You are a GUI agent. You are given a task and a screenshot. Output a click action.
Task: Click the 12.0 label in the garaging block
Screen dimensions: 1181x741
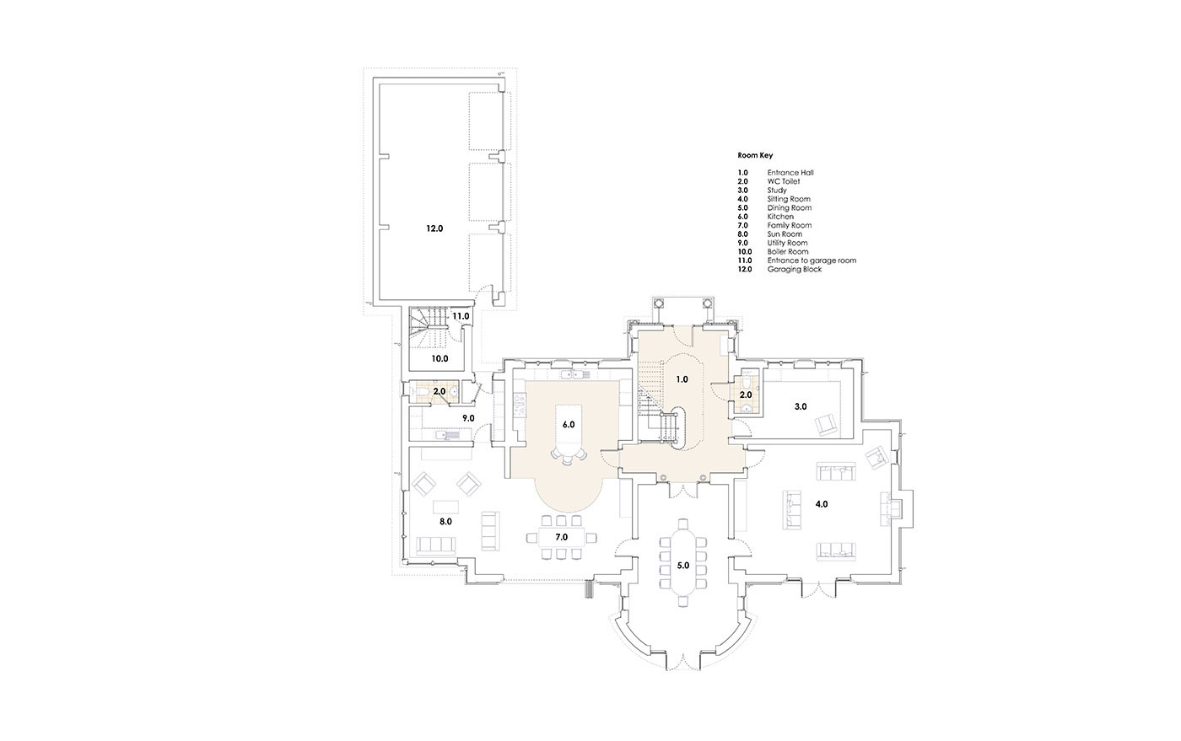click(x=434, y=228)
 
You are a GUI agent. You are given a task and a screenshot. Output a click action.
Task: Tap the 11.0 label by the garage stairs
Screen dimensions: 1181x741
click(x=461, y=316)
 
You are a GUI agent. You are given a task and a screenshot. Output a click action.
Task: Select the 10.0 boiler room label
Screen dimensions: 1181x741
click(x=440, y=358)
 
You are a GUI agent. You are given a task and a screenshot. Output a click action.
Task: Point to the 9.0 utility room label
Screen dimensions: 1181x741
click(x=468, y=418)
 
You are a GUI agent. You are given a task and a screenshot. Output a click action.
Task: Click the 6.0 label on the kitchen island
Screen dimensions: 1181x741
click(x=569, y=424)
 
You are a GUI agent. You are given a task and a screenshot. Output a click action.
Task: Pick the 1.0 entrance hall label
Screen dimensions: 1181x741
click(x=682, y=379)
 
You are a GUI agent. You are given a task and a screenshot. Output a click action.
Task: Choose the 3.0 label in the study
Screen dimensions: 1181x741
click(x=801, y=406)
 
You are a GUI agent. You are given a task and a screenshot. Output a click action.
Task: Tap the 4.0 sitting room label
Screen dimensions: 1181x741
click(x=822, y=504)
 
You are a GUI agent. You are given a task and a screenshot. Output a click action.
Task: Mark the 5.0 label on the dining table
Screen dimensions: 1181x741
click(x=682, y=566)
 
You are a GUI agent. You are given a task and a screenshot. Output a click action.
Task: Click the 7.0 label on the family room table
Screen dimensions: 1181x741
click(x=561, y=537)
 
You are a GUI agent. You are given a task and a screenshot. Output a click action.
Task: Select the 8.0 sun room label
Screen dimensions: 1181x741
click(x=445, y=521)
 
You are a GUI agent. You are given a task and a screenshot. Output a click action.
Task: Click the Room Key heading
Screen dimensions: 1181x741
click(x=755, y=155)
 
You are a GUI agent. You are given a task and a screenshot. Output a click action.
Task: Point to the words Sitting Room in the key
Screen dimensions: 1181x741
click(x=789, y=199)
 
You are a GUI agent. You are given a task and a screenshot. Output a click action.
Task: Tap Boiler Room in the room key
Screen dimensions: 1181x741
click(x=788, y=251)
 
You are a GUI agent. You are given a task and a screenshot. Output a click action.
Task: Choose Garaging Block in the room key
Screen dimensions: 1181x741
click(x=795, y=269)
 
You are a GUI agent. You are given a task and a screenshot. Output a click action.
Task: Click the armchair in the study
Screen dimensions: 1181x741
click(x=826, y=425)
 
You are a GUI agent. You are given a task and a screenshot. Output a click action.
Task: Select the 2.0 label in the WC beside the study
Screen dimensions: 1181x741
click(x=746, y=395)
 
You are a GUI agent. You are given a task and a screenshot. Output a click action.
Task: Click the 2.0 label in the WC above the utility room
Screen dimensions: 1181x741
click(x=440, y=392)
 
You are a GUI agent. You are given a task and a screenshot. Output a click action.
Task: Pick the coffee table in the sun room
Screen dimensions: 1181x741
click(x=446, y=507)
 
